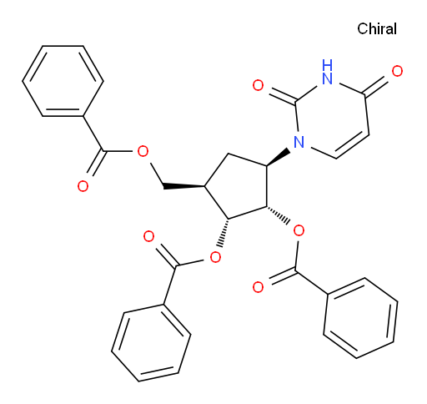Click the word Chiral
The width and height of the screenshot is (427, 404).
(377, 29)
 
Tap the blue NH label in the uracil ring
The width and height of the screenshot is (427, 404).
(327, 72)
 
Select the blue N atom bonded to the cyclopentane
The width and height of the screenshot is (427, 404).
(299, 142)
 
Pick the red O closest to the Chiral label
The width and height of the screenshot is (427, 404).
(397, 71)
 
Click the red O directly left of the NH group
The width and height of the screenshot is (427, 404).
(258, 85)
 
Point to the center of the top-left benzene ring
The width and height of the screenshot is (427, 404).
(63, 81)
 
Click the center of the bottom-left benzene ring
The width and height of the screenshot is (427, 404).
(151, 343)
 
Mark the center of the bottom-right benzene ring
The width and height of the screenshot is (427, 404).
(360, 318)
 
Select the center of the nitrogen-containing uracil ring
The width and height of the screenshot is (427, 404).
(333, 119)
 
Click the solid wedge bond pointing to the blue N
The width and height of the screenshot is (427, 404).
(278, 159)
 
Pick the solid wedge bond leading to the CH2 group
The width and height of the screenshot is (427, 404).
(184, 186)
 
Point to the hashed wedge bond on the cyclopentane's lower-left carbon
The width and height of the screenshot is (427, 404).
(224, 233)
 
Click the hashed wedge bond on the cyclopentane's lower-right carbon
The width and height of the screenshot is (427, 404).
(278, 215)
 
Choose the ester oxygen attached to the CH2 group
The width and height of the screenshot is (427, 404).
(143, 151)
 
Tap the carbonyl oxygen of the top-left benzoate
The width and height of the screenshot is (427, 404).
(83, 186)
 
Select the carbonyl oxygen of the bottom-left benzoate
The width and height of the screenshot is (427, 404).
(148, 236)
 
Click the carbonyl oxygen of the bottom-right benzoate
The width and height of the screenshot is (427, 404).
(258, 287)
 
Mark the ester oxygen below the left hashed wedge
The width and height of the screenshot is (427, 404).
(215, 257)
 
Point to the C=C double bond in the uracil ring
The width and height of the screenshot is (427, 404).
(353, 147)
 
